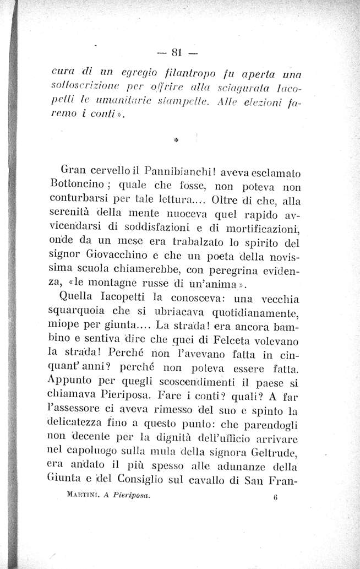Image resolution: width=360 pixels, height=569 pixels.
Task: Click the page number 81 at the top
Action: [x=177, y=53]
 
